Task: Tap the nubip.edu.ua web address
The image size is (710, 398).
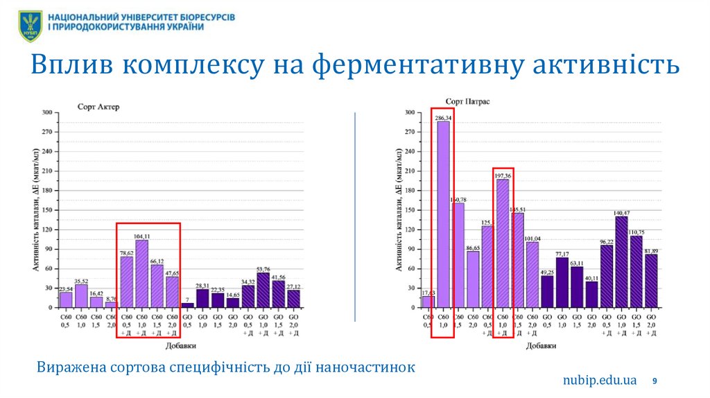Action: point(599,380)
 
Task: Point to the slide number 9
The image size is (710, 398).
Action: point(655,381)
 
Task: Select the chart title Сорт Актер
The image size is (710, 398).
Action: point(98,107)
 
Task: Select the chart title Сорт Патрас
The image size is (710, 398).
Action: point(467,102)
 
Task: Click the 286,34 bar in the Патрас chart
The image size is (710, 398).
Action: point(443,215)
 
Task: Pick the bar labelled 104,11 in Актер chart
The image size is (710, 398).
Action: point(141,274)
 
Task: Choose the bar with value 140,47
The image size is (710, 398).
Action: point(621,261)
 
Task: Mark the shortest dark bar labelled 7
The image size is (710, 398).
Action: point(187,304)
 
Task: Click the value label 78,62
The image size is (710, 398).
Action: point(126,253)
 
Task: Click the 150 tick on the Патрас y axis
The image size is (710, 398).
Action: point(409,210)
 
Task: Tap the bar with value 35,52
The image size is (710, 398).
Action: point(81,296)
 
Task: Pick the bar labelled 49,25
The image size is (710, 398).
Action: point(547,291)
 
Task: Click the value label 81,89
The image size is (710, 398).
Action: point(650,250)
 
